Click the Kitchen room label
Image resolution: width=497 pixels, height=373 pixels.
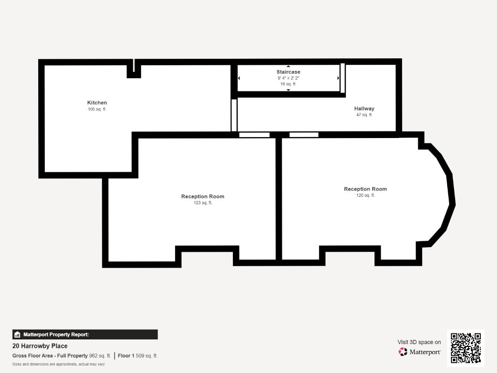click(x=97, y=103)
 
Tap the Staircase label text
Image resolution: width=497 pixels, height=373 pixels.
click(x=288, y=72)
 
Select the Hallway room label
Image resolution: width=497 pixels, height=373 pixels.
click(x=364, y=109)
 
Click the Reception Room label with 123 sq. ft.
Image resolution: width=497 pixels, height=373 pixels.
click(x=203, y=196)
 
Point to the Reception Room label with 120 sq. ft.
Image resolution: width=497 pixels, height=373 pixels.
click(x=366, y=189)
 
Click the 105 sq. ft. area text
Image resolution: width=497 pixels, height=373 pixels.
click(x=97, y=109)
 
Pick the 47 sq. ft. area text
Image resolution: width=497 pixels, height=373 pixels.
click(x=364, y=115)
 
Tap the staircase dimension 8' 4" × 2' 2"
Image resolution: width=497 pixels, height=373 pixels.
click(x=288, y=78)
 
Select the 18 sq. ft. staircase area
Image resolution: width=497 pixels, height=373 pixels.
click(x=288, y=84)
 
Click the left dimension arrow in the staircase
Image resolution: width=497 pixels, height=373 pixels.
click(x=239, y=78)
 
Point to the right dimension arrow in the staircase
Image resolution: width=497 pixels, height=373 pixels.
click(x=338, y=78)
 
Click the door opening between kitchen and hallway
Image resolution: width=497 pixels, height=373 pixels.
click(x=234, y=115)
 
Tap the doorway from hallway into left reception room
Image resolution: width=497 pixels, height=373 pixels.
click(x=254, y=135)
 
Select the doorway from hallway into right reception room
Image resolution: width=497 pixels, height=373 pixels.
click(x=304, y=135)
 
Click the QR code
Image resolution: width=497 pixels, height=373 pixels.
click(x=466, y=348)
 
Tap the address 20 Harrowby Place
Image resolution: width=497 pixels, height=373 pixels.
click(x=40, y=346)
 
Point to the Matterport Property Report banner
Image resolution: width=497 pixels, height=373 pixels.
click(x=85, y=335)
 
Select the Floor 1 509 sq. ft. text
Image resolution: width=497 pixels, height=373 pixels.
click(x=137, y=356)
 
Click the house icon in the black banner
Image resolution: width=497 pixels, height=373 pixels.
click(x=17, y=335)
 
